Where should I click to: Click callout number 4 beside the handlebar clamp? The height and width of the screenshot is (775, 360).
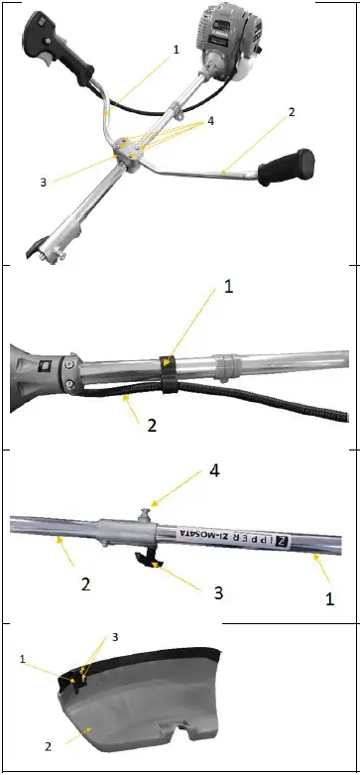click(209, 122)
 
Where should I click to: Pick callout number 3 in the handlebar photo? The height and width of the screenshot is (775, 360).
click(43, 182)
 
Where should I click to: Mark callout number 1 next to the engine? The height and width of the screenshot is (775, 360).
click(177, 48)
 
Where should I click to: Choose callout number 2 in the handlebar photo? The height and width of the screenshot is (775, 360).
click(292, 112)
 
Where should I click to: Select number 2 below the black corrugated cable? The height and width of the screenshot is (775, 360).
click(152, 425)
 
